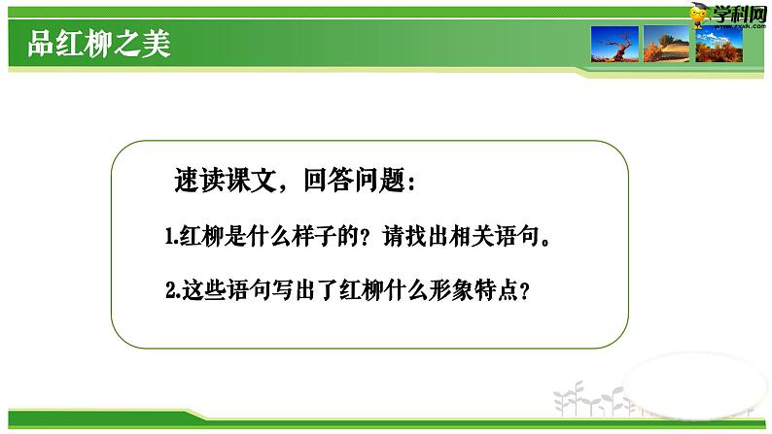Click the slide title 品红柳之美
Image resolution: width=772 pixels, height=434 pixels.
pos(100,46)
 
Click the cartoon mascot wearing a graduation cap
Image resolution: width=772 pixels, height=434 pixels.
pos(697,14)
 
